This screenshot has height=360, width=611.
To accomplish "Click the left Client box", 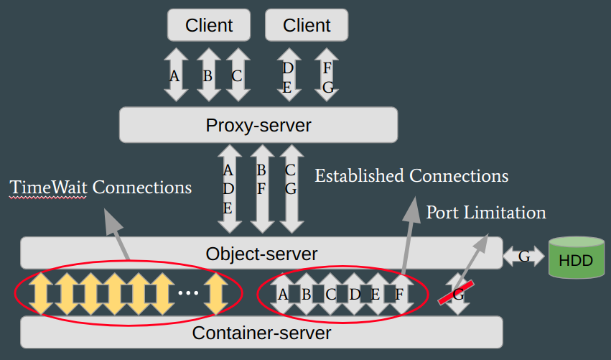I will point(209,25).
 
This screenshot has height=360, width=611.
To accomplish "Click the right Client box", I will point(307,25).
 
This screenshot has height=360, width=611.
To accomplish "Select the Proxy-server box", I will point(258,125).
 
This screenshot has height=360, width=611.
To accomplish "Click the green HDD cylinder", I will point(576,257).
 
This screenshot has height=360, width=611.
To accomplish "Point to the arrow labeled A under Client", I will point(174,75).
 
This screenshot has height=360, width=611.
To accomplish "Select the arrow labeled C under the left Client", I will point(237,75).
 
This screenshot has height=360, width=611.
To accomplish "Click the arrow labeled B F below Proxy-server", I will point(261,188).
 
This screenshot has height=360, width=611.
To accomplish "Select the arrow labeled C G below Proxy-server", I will point(291,188).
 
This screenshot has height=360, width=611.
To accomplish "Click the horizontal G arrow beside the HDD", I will point(524,256).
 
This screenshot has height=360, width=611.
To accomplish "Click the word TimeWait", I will point(47,188).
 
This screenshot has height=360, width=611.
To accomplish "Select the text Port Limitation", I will point(486,213).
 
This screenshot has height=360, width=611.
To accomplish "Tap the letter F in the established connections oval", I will point(399,294).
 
